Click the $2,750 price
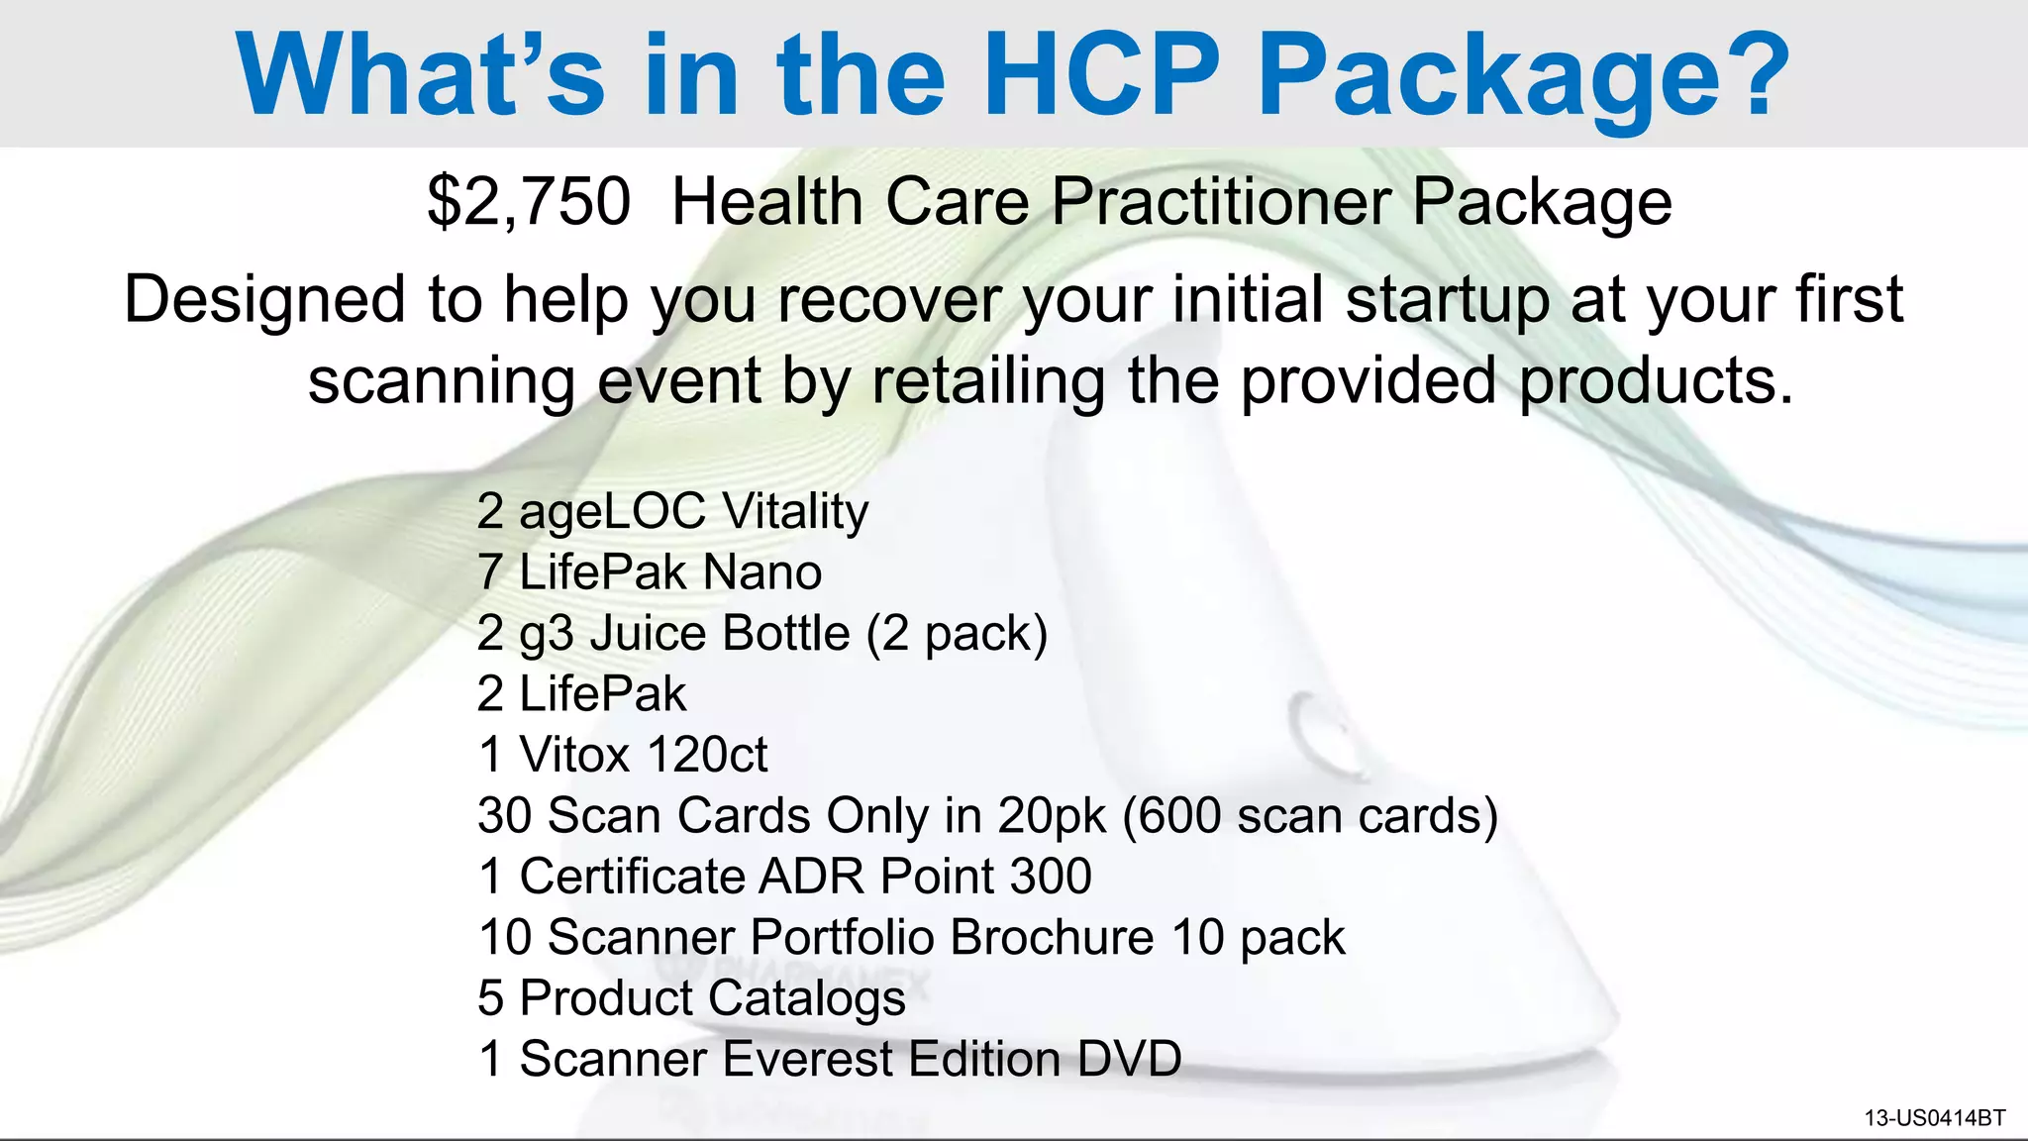point(529,202)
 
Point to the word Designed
point(264,299)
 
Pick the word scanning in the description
point(442,381)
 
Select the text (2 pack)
point(957,634)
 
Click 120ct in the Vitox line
point(706,756)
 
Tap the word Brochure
point(1052,938)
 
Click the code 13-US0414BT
point(1934,1118)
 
